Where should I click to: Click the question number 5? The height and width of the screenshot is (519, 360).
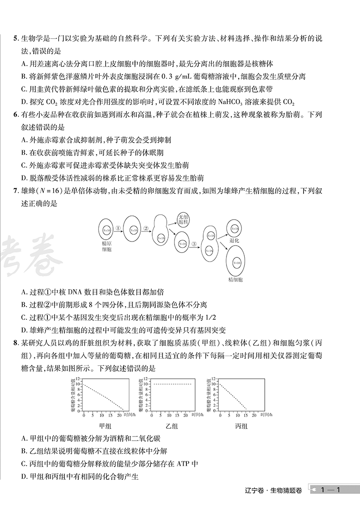pos(15,39)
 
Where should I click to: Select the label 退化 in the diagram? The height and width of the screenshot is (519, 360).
pos(234,240)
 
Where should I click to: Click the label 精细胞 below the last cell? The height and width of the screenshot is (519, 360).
pos(236,278)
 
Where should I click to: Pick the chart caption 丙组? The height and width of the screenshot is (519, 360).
pos(242,426)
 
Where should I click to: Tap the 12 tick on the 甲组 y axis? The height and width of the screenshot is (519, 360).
pos(78,379)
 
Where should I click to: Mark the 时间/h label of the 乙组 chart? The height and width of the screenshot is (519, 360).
pos(199,415)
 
